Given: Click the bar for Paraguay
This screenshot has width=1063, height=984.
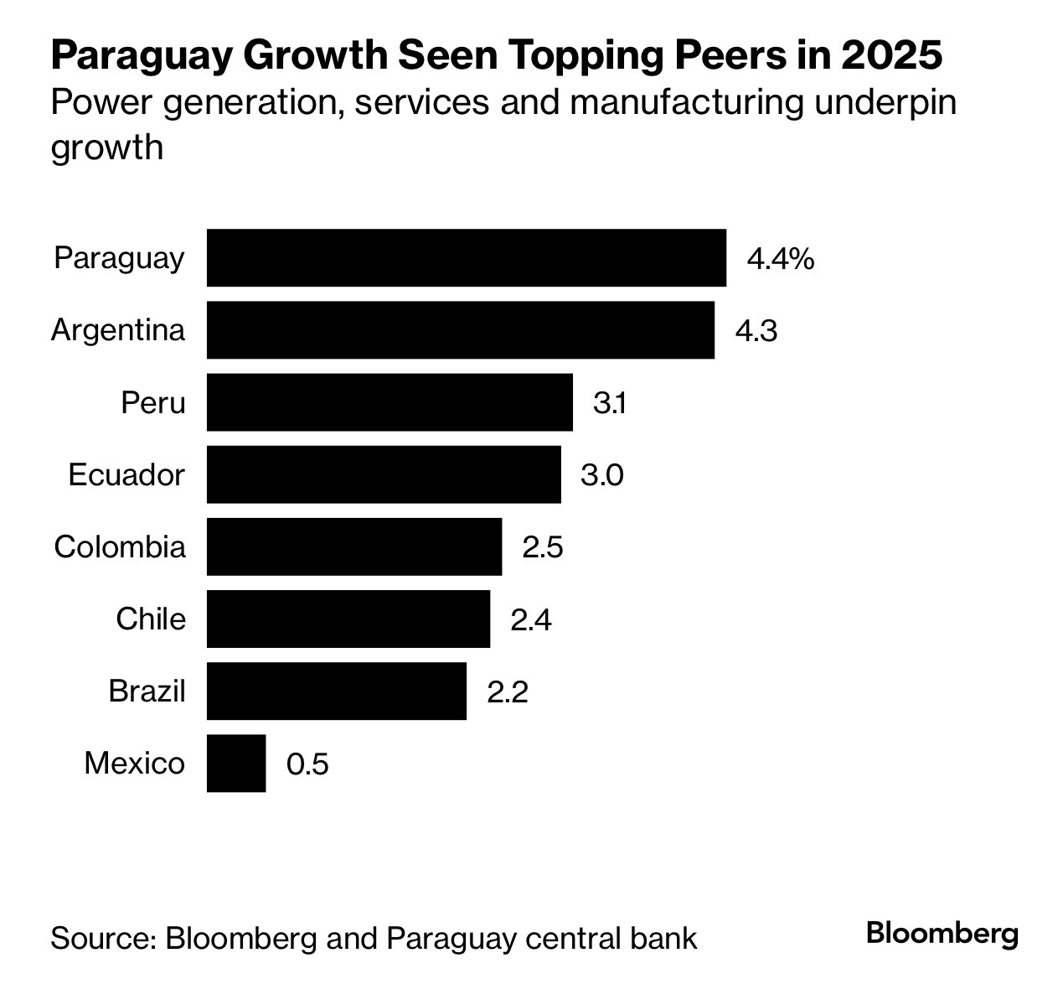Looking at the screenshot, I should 466,257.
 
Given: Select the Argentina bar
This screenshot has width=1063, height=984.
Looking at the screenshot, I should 460,330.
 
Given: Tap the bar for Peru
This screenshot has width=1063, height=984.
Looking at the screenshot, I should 390,402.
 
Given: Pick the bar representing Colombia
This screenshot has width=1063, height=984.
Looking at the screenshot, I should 353,546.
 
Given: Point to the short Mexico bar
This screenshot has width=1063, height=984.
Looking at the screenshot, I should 235,763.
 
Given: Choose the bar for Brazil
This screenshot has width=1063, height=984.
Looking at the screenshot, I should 336,691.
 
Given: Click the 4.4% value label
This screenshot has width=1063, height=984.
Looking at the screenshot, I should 780,259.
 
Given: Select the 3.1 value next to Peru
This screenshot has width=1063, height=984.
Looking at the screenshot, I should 610,404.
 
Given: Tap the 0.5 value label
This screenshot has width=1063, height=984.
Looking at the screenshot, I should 307,764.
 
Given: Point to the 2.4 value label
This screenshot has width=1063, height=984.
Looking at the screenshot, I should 531,620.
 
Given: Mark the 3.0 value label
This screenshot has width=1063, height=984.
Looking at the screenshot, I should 601,476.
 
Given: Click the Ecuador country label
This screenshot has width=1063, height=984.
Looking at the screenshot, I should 126,475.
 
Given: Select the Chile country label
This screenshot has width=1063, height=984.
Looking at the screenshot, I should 151,619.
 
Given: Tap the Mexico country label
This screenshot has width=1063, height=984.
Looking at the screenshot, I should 134,764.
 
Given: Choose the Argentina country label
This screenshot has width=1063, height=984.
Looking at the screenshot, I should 118,330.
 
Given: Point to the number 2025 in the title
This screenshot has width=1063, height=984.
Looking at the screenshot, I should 891,57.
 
